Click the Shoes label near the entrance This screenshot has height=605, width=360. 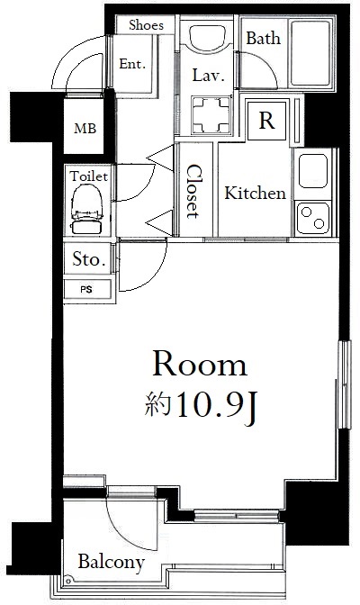tap(146, 25)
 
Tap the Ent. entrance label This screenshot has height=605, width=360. tap(132, 64)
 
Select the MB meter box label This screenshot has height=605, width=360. tap(85, 128)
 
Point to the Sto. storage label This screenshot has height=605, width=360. tap(89, 259)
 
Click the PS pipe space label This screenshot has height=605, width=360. tap(86, 289)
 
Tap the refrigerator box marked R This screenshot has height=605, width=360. tap(267, 121)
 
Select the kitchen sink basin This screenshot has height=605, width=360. tap(313, 171)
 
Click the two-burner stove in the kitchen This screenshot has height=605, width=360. tap(313, 218)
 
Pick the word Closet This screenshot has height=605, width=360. tap(194, 192)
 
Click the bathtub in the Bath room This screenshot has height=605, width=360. tap(311, 53)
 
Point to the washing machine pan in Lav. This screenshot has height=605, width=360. tap(211, 115)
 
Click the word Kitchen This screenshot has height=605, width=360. tap(255, 193)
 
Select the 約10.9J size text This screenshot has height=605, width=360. tap(201, 410)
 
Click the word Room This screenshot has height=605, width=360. tap(200, 365)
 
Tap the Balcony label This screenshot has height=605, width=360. tap(111, 562)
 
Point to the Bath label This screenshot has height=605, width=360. tap(264, 38)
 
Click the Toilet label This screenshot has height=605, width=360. tap(88, 176)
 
